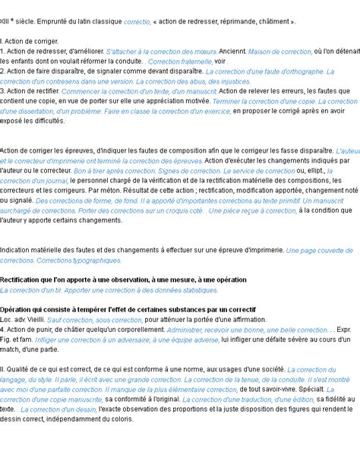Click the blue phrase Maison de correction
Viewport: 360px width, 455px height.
pyautogui.click(x=280, y=51)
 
